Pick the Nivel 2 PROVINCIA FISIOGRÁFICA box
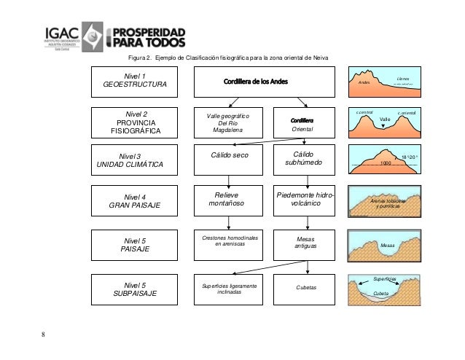pyautogui.click(x=135, y=122)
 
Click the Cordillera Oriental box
pyautogui.click(x=302, y=125)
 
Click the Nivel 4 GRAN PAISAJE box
pyautogui.click(x=135, y=201)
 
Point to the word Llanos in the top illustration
pyautogui.click(x=403, y=78)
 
